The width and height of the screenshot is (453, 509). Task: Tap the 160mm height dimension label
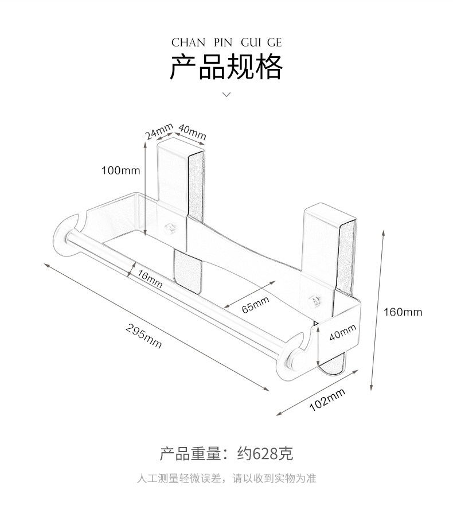403,312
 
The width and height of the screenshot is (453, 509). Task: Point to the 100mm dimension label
120,170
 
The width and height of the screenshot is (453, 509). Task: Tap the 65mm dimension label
255,304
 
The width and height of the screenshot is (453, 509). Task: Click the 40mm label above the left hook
192,131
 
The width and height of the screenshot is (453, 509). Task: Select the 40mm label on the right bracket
343,333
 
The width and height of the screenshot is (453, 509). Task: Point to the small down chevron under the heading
226,94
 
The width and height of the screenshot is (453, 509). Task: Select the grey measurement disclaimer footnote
226,478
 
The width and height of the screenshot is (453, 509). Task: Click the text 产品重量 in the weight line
190,454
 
